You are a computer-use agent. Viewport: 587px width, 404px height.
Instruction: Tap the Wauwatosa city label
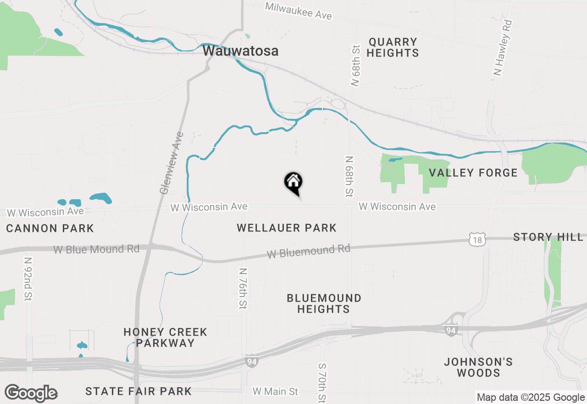coord(240,51)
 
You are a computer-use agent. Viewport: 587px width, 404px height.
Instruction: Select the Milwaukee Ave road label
coord(298,10)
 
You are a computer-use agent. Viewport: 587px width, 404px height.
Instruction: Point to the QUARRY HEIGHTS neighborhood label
coord(393,47)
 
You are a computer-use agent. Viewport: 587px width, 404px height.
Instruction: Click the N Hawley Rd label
coord(502,47)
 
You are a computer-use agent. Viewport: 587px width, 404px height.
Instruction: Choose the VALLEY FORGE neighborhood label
coord(473,173)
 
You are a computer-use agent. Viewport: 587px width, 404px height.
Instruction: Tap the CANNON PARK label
coord(50,228)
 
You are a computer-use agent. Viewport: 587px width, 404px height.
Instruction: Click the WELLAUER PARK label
coord(287,228)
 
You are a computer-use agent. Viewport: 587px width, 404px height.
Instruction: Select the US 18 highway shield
coord(477,239)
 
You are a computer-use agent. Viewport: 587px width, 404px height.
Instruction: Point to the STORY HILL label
coord(548,237)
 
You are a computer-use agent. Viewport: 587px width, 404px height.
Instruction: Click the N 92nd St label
coord(28,285)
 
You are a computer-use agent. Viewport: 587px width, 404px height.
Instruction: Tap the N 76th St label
coord(243,288)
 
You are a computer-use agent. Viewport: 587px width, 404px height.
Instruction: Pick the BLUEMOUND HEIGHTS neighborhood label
coord(324,303)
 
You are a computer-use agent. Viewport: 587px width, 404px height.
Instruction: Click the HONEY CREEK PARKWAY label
coord(165,337)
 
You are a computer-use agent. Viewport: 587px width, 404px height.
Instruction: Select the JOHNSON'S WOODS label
coord(478,367)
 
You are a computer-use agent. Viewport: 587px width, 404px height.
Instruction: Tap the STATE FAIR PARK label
coord(138,391)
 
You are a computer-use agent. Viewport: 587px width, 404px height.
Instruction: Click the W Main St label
coord(275,392)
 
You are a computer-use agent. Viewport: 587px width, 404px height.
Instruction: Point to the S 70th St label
coord(322,382)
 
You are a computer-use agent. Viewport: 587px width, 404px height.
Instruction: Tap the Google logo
coord(31,393)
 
